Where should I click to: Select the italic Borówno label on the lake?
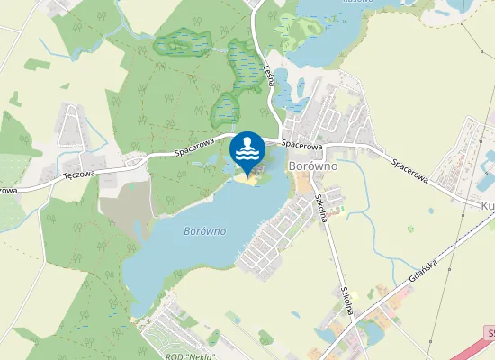[x=204, y=231]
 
